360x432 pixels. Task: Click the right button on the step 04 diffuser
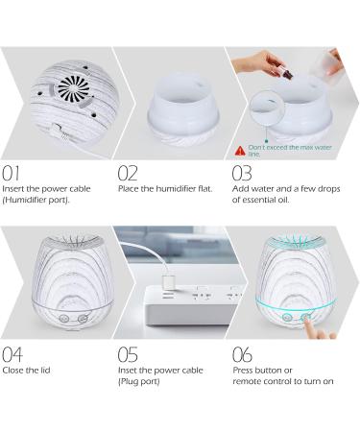coord(83,318)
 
